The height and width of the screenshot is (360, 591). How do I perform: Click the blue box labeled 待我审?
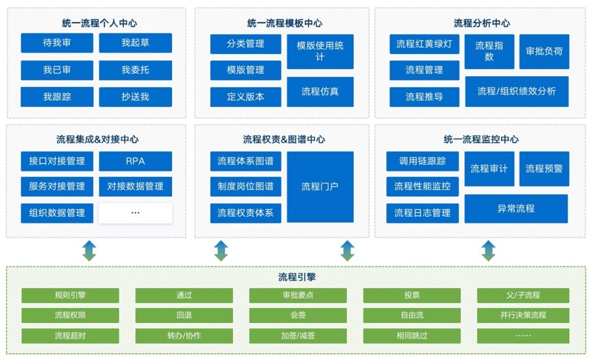(57, 43)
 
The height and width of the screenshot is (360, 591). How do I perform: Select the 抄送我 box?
(135, 97)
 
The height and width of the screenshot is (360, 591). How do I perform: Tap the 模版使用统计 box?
(320, 51)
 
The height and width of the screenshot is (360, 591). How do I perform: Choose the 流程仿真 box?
(320, 92)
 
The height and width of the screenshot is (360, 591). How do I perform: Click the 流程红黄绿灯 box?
(424, 44)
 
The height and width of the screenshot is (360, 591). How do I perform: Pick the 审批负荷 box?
(544, 51)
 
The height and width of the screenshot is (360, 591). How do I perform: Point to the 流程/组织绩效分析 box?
(517, 92)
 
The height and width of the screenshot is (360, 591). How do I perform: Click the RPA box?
(135, 161)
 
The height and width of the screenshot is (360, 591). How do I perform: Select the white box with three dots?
(135, 213)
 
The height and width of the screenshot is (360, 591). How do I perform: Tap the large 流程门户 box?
(320, 187)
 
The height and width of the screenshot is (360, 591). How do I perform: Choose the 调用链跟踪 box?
(422, 161)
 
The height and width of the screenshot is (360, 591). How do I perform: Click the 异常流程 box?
(516, 208)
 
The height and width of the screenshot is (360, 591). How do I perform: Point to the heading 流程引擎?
(297, 277)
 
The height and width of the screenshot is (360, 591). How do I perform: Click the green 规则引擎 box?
(70, 296)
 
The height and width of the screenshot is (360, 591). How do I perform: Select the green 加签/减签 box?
(298, 336)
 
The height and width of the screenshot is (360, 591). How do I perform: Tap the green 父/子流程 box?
(523, 296)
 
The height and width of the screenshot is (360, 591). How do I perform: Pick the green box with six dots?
(523, 336)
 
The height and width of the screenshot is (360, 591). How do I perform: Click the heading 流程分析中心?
(482, 23)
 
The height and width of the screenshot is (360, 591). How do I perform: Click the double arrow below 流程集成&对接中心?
(89, 251)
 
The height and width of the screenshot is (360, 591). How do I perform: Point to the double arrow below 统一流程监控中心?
(488, 251)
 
